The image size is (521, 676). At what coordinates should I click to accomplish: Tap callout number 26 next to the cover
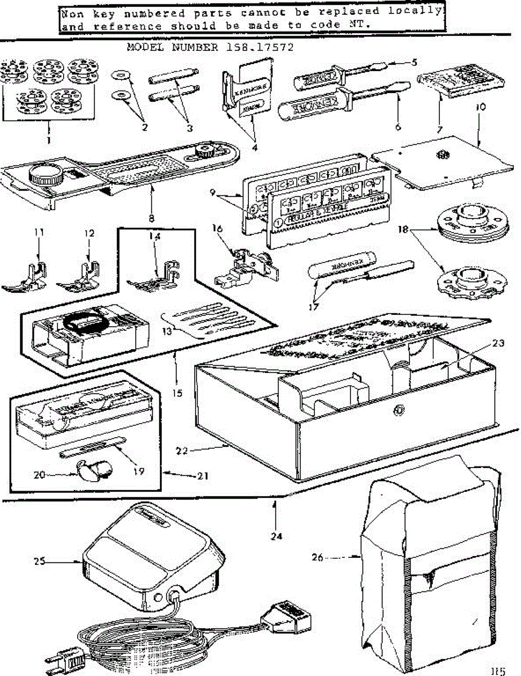pos(318,558)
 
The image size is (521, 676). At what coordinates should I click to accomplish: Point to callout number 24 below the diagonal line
pos(275,536)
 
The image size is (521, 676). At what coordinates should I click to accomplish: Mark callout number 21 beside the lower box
pos(203,475)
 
